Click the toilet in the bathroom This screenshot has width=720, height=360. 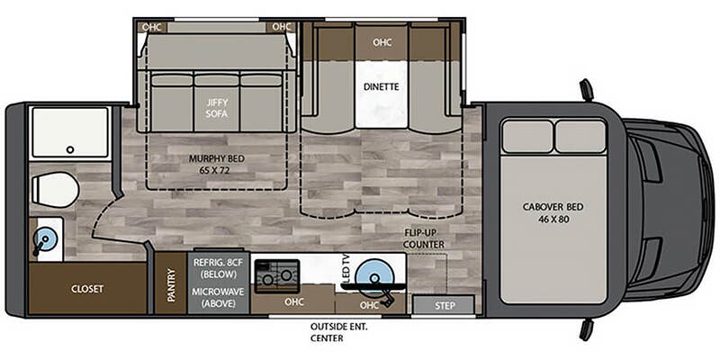(55, 190)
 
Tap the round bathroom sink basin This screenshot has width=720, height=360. (45, 238)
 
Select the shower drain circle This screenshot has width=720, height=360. (70, 149)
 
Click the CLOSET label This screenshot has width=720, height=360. (87, 289)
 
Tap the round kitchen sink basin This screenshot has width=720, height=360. (375, 276)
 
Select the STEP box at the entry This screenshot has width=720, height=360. (443, 305)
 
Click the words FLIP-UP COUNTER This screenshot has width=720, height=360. (424, 238)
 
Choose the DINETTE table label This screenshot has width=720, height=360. (381, 86)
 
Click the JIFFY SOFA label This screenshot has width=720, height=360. (216, 108)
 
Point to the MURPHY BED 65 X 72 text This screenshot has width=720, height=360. (217, 165)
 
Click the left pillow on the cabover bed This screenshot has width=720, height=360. (527, 137)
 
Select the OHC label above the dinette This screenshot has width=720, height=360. (382, 42)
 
